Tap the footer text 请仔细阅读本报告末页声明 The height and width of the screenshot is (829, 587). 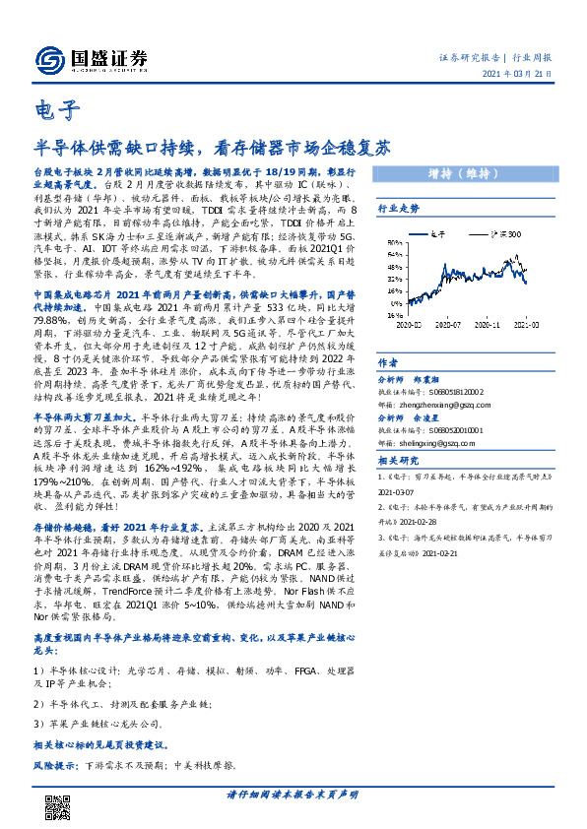pos(292,795)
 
